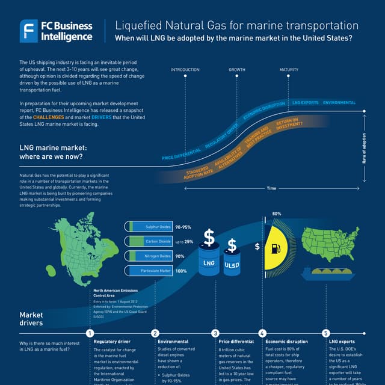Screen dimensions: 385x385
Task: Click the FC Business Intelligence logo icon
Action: pos(29,31)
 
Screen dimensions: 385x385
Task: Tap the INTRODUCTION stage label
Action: pos(185,70)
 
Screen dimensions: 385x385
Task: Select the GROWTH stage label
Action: pos(237,70)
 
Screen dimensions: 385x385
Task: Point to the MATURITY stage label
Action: pos(289,70)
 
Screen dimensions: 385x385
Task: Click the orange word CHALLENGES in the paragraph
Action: pos(53,117)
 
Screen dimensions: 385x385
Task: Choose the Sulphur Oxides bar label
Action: pos(159,227)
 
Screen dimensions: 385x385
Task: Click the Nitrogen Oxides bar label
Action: pos(159,256)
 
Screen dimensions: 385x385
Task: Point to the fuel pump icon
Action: pos(275,247)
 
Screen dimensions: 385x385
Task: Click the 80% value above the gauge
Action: pos(277,214)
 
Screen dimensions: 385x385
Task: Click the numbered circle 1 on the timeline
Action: pos(90,333)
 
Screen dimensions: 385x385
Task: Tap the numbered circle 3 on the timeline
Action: pos(215,333)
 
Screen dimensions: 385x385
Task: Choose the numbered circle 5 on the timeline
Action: pos(325,333)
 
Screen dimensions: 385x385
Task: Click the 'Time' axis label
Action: pos(271,188)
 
